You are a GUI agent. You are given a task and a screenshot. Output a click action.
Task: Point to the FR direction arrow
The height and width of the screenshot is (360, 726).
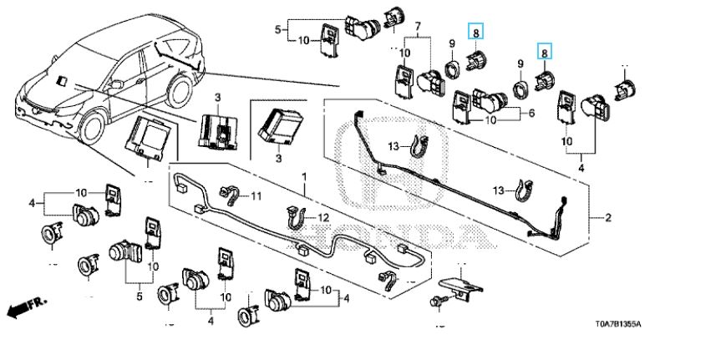(x=26, y=308)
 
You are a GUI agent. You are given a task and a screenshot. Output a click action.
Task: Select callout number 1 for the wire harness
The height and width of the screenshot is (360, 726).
(x=304, y=178)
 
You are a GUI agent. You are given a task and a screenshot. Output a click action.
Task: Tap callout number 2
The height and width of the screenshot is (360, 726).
(x=608, y=218)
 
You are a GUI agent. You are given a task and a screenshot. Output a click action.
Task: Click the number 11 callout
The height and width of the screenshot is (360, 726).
(x=256, y=196)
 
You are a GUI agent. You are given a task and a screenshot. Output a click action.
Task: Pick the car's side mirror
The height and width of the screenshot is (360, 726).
(x=118, y=83)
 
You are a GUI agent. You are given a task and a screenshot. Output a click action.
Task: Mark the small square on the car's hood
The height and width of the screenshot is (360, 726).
(x=63, y=80)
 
